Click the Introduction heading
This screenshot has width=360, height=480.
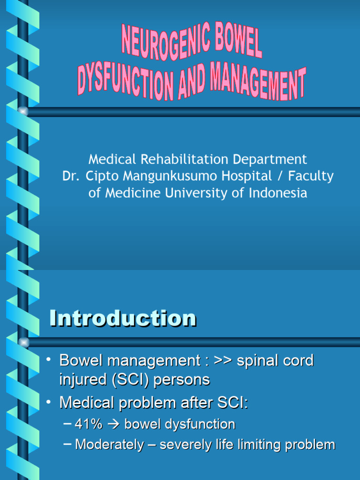coord(123,318)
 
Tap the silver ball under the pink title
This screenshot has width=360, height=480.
coord(23,112)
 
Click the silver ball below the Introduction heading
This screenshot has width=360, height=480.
coord(23,343)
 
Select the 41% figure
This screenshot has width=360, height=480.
coord(89,425)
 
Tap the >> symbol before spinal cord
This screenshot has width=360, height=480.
coord(224,361)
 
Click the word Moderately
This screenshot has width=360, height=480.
coord(110,444)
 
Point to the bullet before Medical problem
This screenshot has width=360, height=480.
coord(48,401)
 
